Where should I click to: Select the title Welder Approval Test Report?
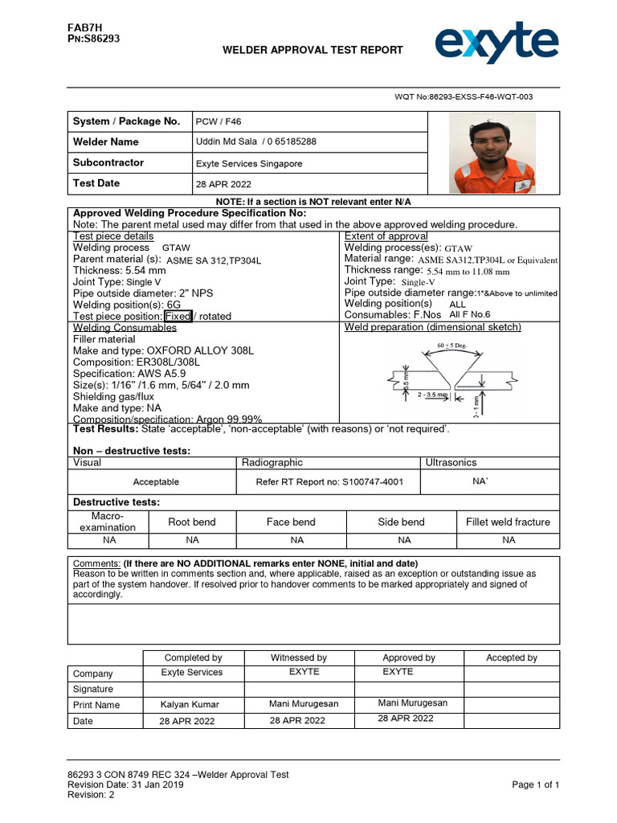point(313,51)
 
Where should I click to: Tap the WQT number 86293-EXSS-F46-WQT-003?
point(463,96)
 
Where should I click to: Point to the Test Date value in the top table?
point(219,184)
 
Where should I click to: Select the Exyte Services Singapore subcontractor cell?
point(249,163)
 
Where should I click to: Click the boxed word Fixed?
point(178,317)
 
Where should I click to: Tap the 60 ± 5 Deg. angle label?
point(451,346)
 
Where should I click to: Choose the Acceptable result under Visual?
point(156,482)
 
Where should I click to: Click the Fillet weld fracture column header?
point(508,522)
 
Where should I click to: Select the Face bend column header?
point(291,522)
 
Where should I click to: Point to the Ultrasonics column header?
point(450,463)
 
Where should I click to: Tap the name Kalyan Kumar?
point(190,705)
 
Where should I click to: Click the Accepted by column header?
point(511,658)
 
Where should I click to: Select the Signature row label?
point(93,690)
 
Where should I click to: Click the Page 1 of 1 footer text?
point(535,785)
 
